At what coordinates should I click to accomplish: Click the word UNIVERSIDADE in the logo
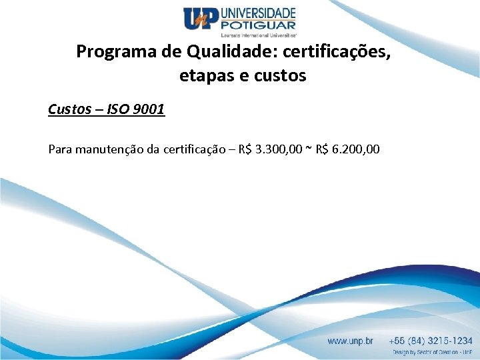257,13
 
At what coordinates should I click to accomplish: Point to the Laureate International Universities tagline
258,33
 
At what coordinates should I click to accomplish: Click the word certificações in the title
331,51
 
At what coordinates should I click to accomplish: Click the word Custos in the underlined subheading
69,109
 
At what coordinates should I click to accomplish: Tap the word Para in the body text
60,149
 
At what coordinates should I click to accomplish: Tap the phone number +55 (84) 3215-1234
432,341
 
